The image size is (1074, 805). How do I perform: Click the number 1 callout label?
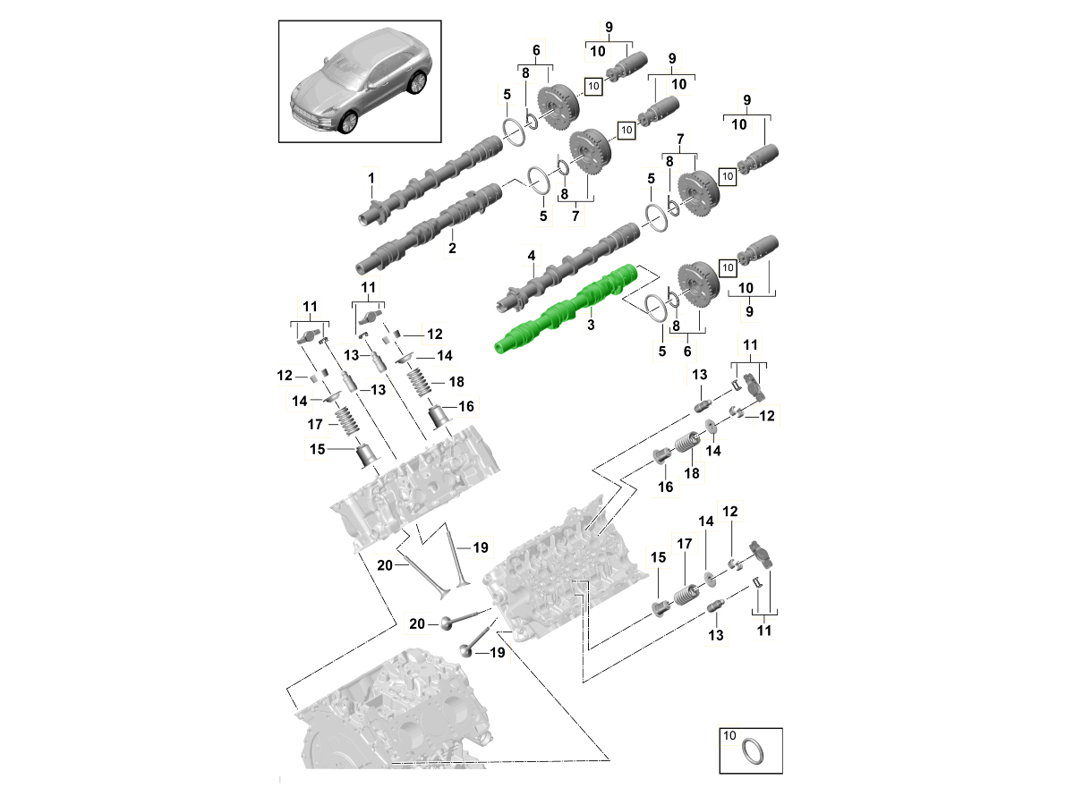tap(371, 178)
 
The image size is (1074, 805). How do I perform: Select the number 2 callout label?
tap(452, 248)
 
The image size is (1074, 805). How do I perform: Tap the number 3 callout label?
tap(591, 325)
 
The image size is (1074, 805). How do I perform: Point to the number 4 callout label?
tap(532, 255)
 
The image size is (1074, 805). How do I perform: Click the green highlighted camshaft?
tap(567, 309)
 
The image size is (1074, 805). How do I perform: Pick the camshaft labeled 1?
tap(430, 181)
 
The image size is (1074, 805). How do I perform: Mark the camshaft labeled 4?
tap(567, 267)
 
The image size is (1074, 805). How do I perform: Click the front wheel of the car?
tap(349, 123)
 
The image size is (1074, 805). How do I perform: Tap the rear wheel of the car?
tap(417, 83)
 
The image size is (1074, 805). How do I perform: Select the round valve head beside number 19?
tap(465, 651)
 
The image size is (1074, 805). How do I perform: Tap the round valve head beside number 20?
tap(447, 623)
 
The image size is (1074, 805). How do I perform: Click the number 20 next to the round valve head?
tap(417, 624)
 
